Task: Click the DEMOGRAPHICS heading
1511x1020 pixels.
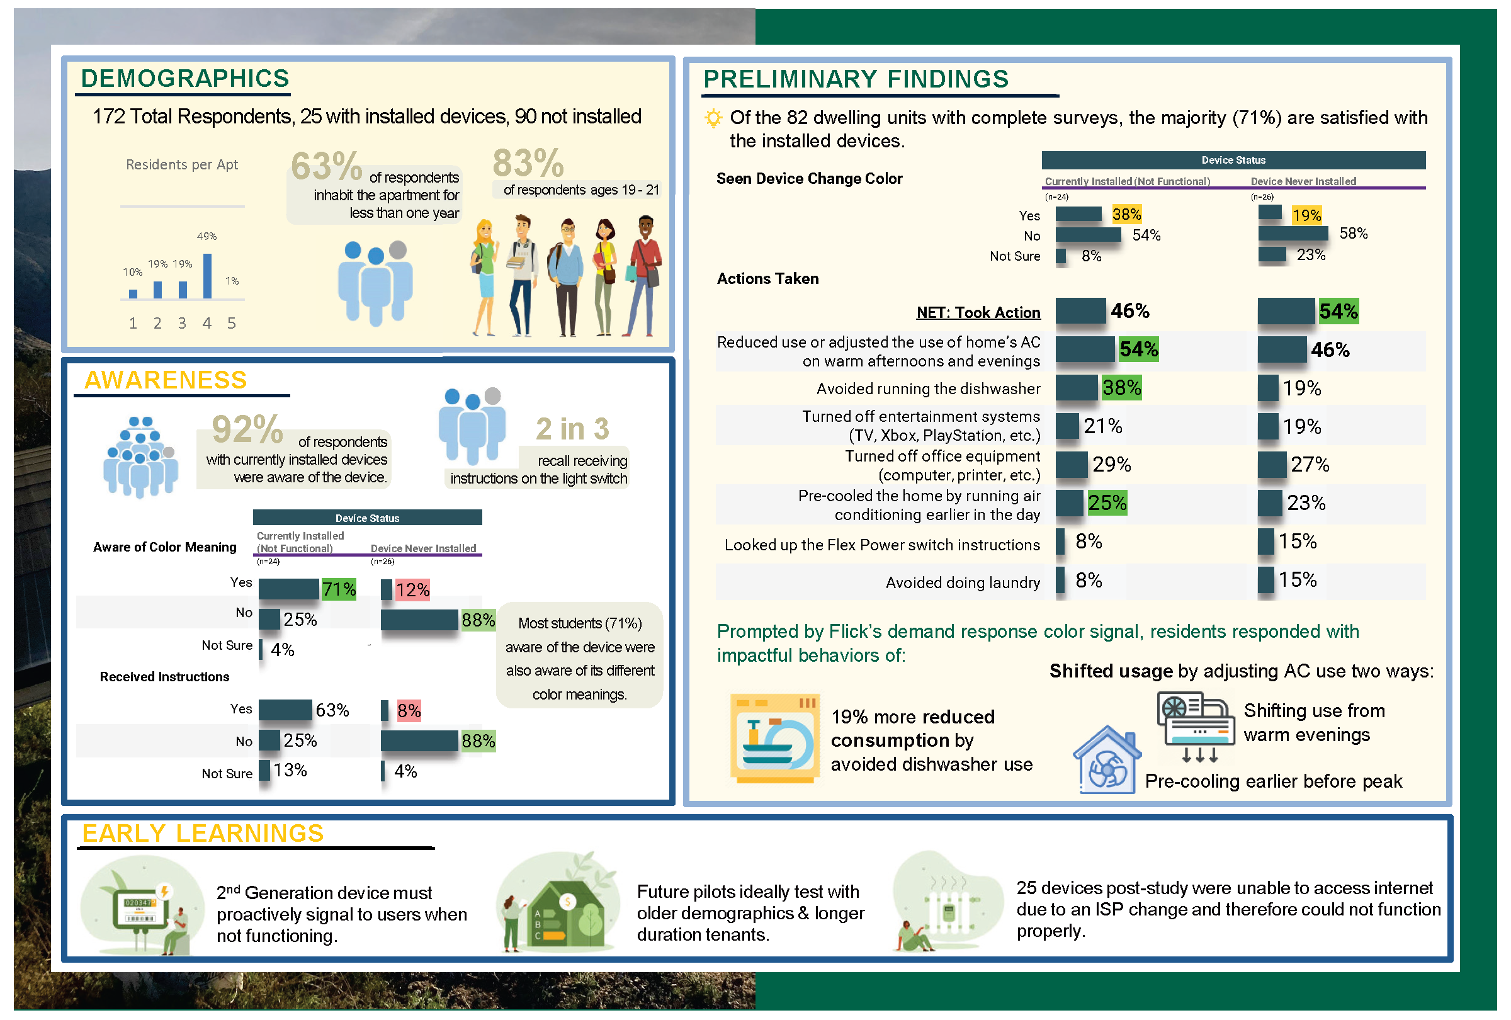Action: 184,79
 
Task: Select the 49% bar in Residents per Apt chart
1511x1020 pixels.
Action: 207,276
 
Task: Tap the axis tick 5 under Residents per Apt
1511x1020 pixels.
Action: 232,323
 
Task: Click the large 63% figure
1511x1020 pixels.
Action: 325,166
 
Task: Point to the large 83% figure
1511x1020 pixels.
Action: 528,162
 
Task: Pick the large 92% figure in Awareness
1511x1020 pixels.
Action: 247,429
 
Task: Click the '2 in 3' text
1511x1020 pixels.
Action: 572,429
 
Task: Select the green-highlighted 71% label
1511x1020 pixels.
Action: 339,589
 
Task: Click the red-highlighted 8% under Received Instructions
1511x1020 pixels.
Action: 409,711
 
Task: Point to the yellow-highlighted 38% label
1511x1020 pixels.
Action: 1126,214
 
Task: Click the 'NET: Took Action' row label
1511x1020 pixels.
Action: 978,313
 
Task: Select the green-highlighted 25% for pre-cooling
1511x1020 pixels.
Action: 1107,502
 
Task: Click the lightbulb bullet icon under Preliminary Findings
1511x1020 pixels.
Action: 713,118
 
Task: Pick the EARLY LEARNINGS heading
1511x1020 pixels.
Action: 203,834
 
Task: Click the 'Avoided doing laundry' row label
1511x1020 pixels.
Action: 962,582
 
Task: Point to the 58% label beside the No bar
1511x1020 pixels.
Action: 1353,234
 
